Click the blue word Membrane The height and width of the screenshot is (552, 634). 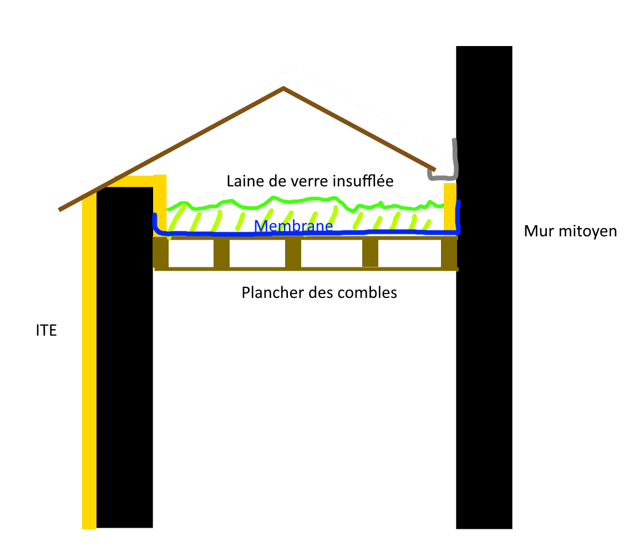coord(293,226)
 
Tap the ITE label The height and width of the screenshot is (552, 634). coord(46,331)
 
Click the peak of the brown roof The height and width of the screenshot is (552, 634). coord(283,88)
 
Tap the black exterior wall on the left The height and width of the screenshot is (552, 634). coord(125,361)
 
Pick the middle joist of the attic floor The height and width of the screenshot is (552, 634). coord(293,254)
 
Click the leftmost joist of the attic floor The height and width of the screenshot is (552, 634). coord(161,254)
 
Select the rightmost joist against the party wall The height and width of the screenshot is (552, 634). coord(449,254)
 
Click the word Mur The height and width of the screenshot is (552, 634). coord(537,231)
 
